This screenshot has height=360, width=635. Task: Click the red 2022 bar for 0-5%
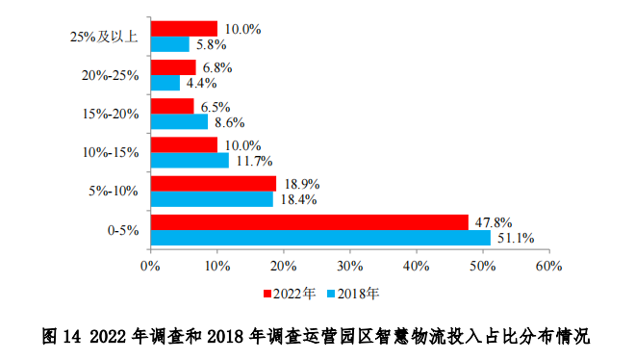[309, 221]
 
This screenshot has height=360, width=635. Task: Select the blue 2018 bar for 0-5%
[320, 237]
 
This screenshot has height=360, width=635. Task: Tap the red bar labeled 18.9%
[213, 183]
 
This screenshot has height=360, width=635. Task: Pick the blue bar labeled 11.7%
[190, 160]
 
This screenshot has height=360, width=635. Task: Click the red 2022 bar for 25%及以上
[183, 29]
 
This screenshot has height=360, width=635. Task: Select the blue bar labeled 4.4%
[165, 83]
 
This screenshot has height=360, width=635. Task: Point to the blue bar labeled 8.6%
[178, 121]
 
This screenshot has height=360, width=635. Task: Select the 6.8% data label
[216, 67]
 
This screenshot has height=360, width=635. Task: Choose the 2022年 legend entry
[289, 292]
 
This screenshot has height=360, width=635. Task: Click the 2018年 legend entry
[355, 292]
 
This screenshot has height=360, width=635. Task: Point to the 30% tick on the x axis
[349, 264]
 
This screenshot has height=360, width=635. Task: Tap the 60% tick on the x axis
[548, 264]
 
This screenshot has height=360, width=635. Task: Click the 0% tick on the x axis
[150, 264]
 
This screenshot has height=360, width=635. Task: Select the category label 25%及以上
[105, 37]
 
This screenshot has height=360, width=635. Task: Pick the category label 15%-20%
[112, 114]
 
